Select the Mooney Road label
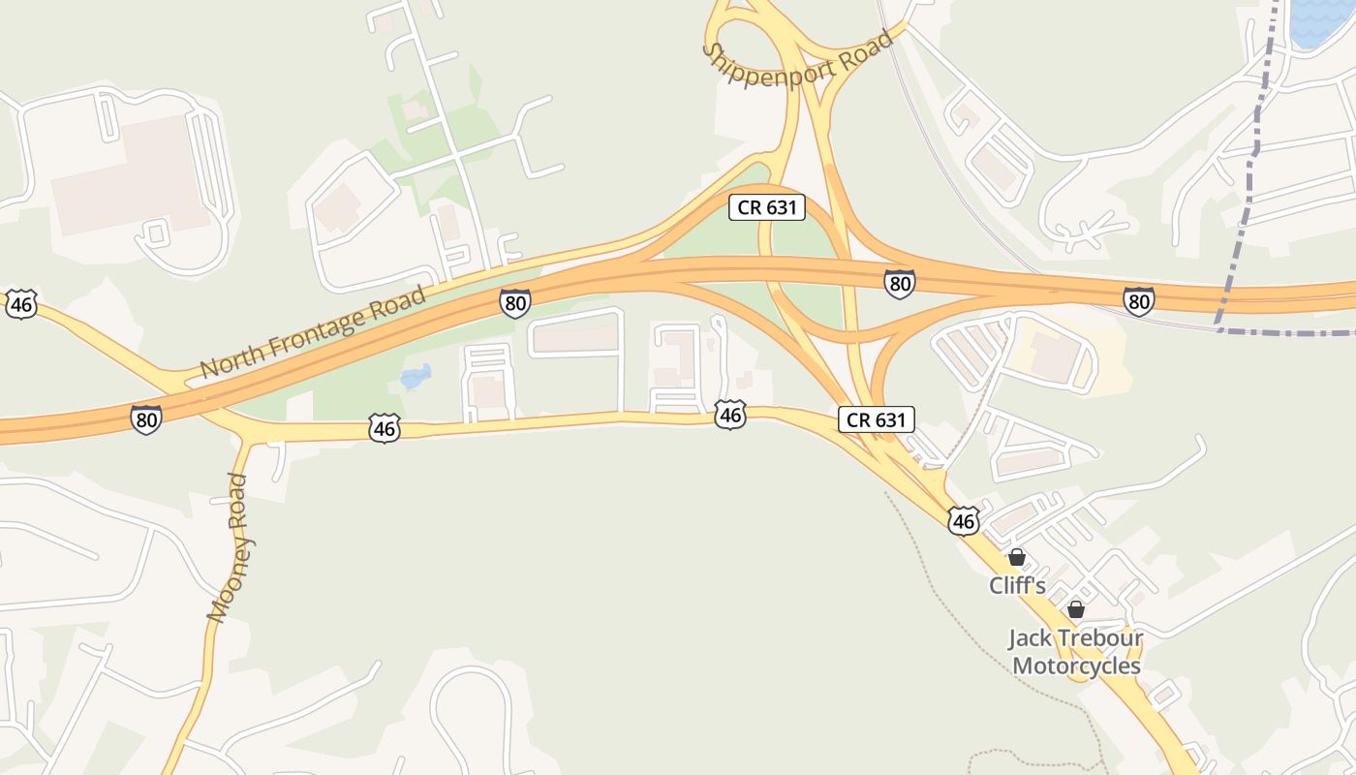[x=231, y=547]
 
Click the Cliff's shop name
[x=1017, y=586]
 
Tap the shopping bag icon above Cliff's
[x=1017, y=557]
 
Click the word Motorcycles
[x=1076, y=666]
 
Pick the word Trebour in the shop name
[x=1099, y=639]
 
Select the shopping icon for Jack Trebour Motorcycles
[x=1075, y=609]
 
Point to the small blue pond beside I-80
[x=416, y=376]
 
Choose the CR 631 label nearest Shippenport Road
[x=766, y=206]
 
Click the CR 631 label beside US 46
[x=876, y=419]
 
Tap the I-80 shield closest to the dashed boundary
[x=1139, y=300]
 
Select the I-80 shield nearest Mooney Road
[x=145, y=419]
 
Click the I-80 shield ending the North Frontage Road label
[x=515, y=303]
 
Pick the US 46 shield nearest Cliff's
[x=963, y=520]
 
